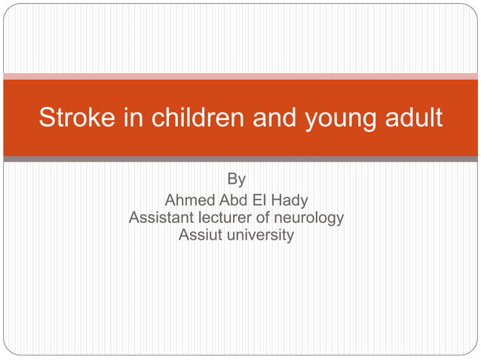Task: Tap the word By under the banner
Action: [x=236, y=180]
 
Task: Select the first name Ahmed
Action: [x=188, y=200]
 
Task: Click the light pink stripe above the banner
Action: [x=240, y=76]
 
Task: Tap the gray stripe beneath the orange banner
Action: [x=240, y=159]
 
